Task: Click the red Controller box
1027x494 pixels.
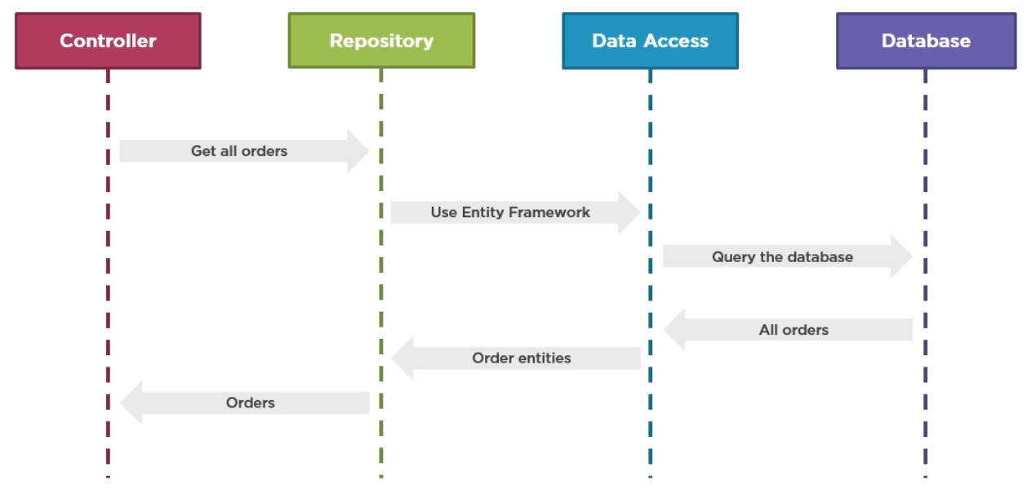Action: tap(108, 41)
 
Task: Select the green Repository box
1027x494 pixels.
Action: tap(381, 41)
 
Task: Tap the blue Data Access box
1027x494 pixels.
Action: tap(650, 41)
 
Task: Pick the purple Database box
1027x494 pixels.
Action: tap(926, 41)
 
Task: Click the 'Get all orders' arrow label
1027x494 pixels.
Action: tap(239, 151)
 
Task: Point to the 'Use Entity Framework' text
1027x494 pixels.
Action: tap(510, 212)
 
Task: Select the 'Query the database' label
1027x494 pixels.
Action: tap(782, 257)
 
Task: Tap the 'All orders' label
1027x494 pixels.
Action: tap(794, 330)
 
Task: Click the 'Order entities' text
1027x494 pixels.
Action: tap(522, 358)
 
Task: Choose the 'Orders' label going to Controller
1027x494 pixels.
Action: tap(251, 403)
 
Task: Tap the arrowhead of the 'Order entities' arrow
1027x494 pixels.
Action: tap(402, 358)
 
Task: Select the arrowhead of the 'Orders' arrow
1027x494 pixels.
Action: tap(131, 403)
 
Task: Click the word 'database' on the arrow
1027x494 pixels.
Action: tap(820, 257)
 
